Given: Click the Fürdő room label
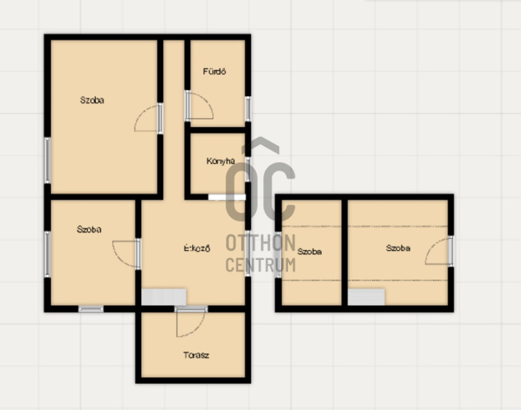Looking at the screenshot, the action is (214, 71).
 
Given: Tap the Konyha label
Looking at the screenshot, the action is (221, 161).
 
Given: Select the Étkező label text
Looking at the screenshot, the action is (197, 248).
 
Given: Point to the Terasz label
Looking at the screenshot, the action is (196, 355).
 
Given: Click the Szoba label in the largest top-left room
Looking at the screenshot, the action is (92, 100).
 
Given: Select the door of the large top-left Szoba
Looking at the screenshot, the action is (149, 118).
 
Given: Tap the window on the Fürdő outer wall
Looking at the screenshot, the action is (248, 108).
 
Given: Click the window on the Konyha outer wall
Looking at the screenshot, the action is (248, 169).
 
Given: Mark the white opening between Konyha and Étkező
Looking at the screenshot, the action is (227, 197).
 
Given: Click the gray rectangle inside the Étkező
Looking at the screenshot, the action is (164, 297).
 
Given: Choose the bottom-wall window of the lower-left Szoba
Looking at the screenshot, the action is (91, 309).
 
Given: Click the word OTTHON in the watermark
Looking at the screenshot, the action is (261, 243).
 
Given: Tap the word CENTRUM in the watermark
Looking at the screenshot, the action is (261, 265).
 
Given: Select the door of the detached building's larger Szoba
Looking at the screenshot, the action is (439, 251).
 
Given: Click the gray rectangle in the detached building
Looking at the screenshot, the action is (366, 297).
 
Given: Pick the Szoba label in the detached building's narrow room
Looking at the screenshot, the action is (309, 252).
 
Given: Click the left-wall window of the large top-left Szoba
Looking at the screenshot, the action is (48, 160).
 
